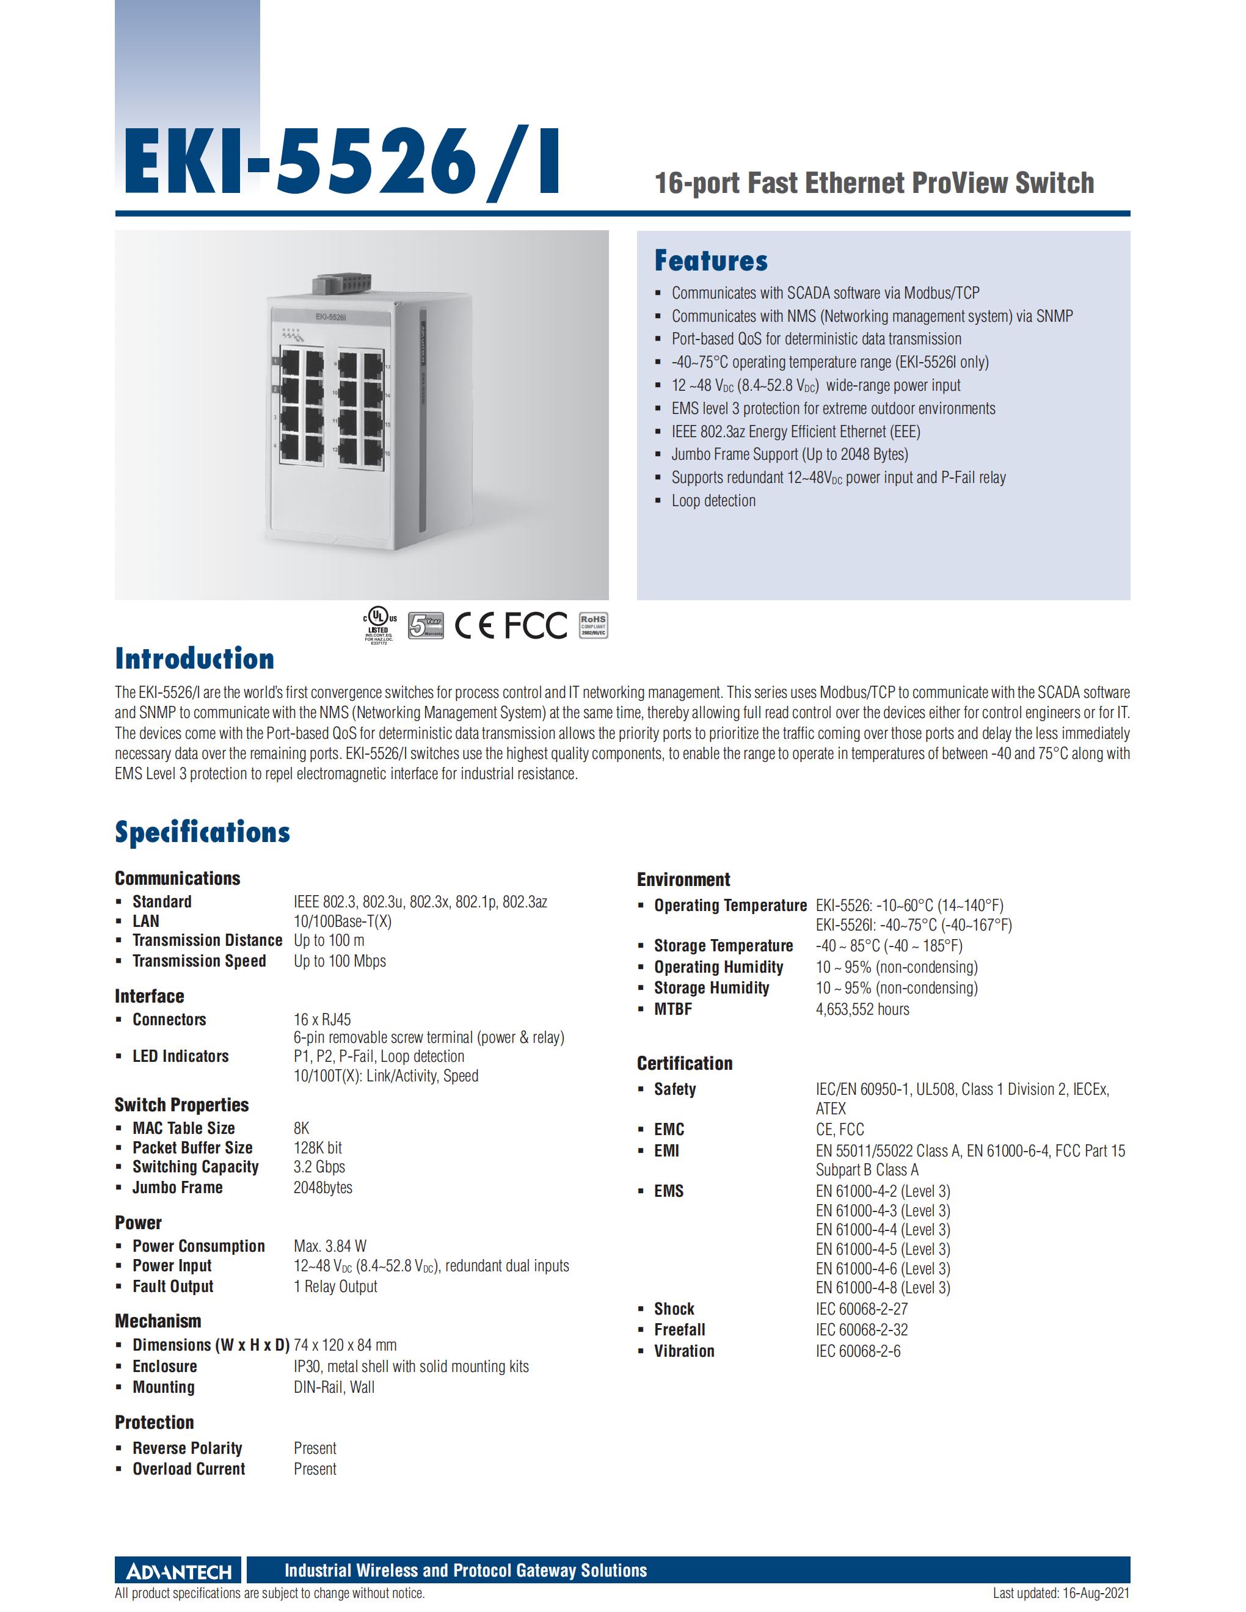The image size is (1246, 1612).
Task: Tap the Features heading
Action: click(x=710, y=261)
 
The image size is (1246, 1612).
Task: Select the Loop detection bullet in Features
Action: click(x=713, y=501)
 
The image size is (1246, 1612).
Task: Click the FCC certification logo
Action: click(x=536, y=625)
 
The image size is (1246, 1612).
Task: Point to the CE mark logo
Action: click(x=474, y=625)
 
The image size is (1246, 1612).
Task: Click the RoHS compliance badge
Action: click(x=592, y=625)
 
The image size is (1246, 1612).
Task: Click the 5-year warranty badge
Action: click(x=426, y=625)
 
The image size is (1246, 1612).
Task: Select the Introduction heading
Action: click(x=194, y=658)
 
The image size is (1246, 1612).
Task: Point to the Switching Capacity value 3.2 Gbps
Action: click(x=319, y=1167)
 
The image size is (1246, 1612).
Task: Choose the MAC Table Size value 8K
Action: click(x=301, y=1128)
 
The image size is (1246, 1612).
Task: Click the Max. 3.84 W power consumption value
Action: click(x=330, y=1246)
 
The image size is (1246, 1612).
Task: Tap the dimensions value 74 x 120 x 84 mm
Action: click(x=344, y=1345)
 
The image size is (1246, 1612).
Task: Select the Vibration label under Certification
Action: click(x=683, y=1351)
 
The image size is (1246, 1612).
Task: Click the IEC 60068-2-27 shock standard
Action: click(x=861, y=1309)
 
